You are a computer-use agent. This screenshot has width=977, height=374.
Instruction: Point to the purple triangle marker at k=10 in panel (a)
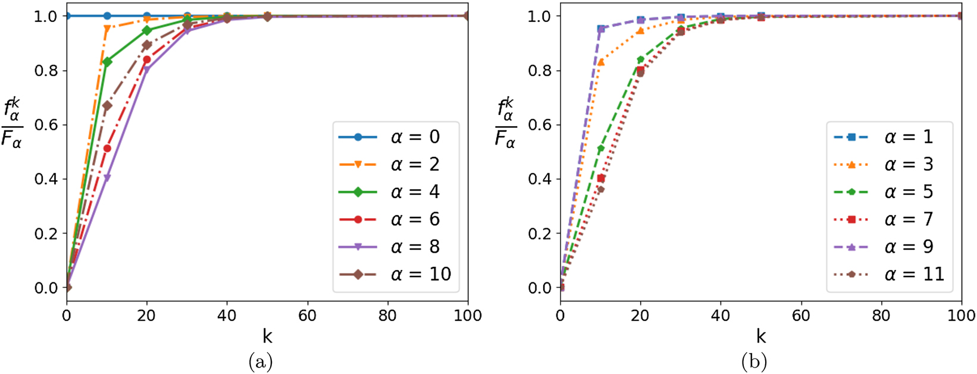[107, 177]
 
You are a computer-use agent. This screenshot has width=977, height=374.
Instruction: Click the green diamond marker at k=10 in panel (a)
[107, 62]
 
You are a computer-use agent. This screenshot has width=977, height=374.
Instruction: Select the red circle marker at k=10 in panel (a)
[107, 148]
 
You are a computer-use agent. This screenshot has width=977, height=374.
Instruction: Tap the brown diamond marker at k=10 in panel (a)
[107, 106]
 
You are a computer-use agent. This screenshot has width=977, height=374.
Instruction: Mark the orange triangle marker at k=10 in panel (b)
[601, 62]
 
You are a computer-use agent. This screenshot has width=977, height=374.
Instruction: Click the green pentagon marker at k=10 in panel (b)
[601, 148]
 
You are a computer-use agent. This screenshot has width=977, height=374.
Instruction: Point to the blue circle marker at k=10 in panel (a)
[107, 15]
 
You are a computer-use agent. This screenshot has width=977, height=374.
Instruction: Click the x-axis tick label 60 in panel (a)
[308, 315]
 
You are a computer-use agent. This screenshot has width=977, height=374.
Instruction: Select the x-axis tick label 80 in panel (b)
[881, 315]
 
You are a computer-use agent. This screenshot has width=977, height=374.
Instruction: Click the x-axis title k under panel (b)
[761, 337]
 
